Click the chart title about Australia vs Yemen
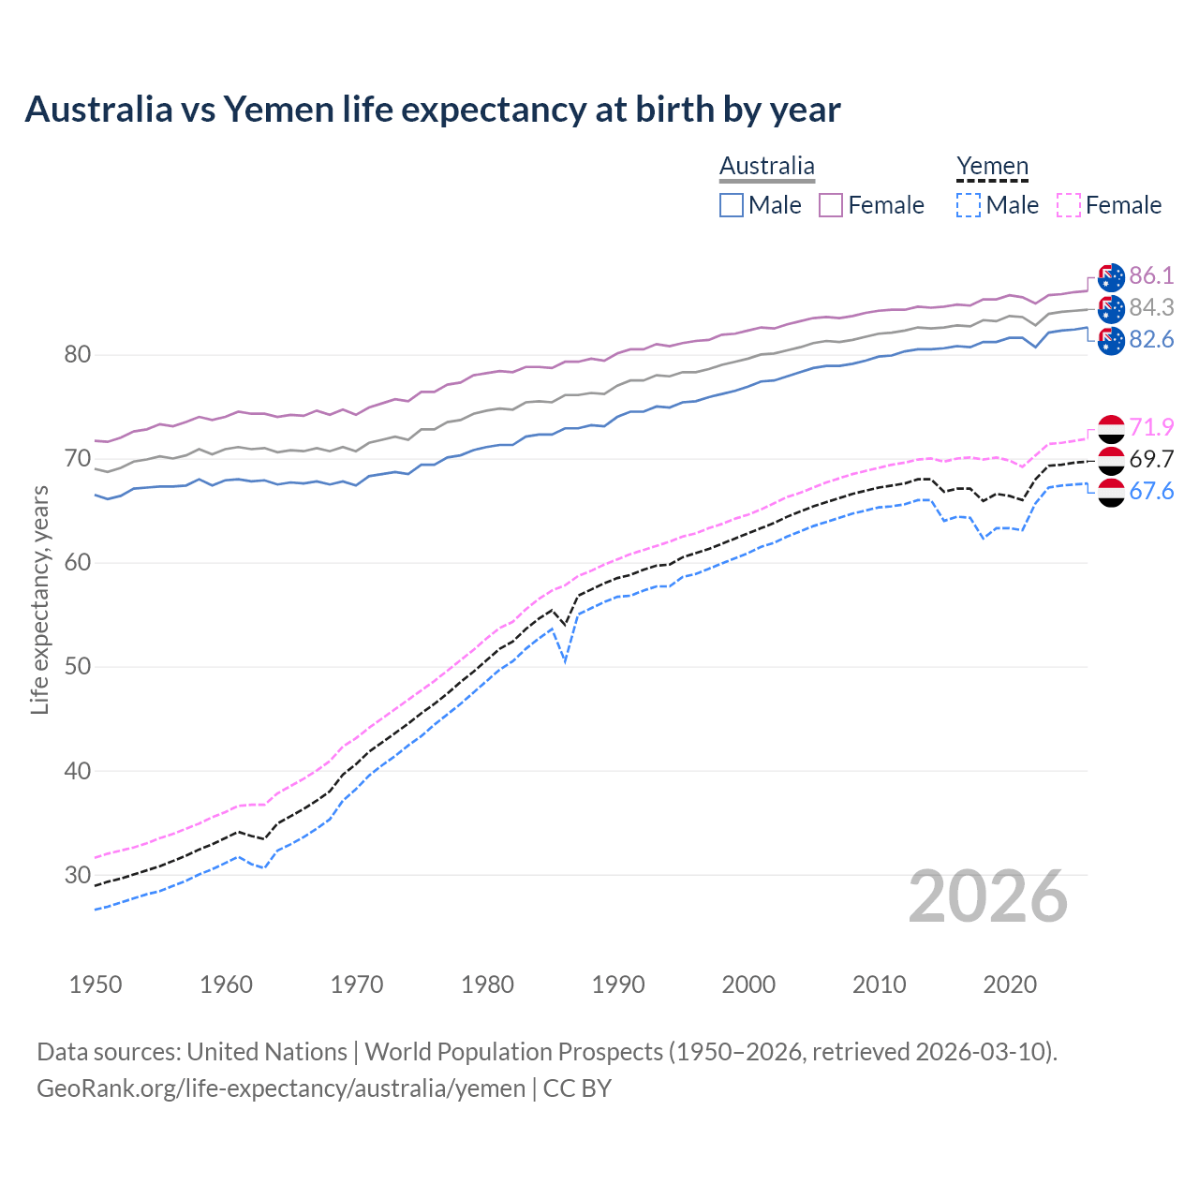[432, 110]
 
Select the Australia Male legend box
[732, 205]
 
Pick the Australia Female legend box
[832, 205]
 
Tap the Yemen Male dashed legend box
[969, 205]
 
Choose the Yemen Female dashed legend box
[1069, 205]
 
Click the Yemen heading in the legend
[992, 167]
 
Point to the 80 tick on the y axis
[78, 355]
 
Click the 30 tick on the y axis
[78, 875]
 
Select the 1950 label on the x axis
[96, 984]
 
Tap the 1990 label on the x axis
[618, 984]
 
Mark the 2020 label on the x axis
[1010, 984]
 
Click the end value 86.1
[1151, 275]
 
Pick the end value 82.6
[1151, 340]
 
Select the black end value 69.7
[1151, 459]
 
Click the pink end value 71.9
[1151, 427]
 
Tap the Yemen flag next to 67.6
[1111, 493]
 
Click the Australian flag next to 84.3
[1111, 308]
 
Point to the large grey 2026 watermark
[987, 896]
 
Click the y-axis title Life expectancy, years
[39, 599]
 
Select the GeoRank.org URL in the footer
[281, 1088]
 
